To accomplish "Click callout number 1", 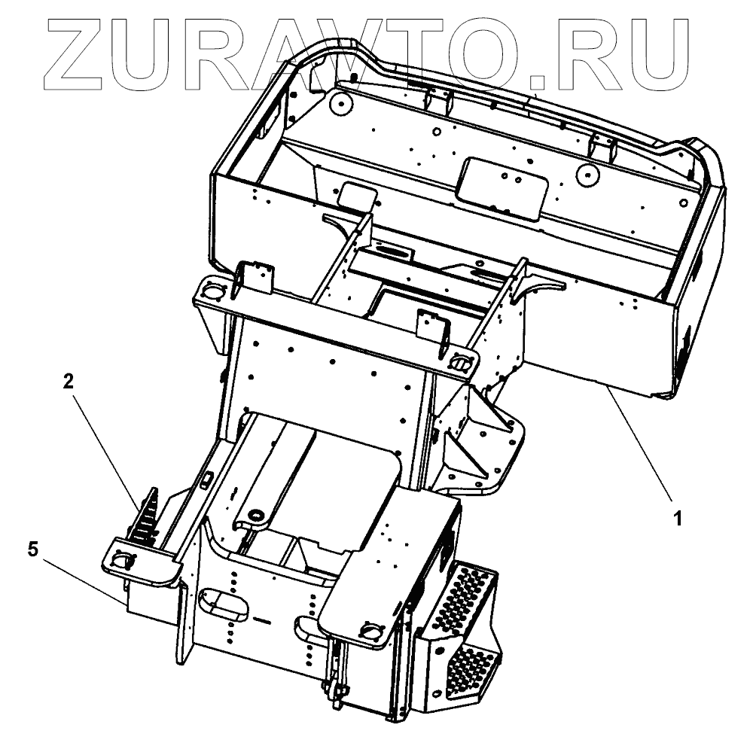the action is (677, 519).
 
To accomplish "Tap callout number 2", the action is (68, 382).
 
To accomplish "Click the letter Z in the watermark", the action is (83, 52).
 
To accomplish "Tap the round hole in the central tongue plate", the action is (255, 515).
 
